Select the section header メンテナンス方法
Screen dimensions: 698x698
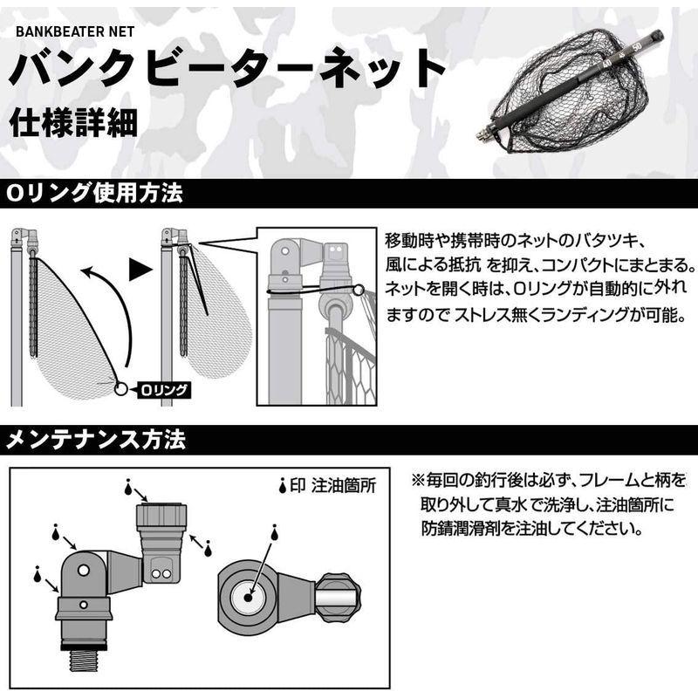pyautogui.click(x=96, y=441)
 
